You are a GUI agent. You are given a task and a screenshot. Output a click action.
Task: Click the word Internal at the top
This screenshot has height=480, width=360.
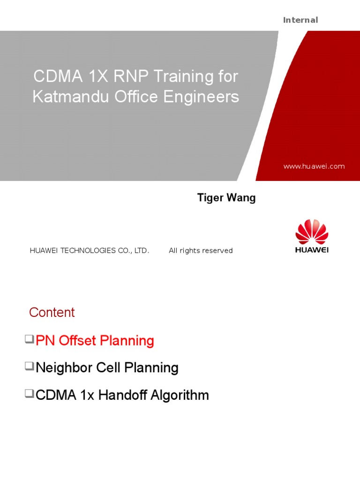(x=300, y=20)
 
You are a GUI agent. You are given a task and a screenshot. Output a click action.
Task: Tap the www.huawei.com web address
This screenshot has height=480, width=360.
(x=314, y=166)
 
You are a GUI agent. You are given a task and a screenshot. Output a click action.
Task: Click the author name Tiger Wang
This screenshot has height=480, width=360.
(x=226, y=198)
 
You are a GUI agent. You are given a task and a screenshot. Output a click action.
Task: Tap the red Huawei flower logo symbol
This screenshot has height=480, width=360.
(x=312, y=231)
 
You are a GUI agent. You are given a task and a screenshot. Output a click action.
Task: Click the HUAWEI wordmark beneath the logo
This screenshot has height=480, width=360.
(x=312, y=250)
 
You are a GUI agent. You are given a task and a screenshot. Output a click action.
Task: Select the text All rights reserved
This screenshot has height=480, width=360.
(x=201, y=251)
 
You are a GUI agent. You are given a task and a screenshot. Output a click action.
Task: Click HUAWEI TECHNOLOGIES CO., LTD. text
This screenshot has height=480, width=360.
(x=90, y=251)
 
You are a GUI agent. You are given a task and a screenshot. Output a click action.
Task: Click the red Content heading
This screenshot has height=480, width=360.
(x=52, y=313)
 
